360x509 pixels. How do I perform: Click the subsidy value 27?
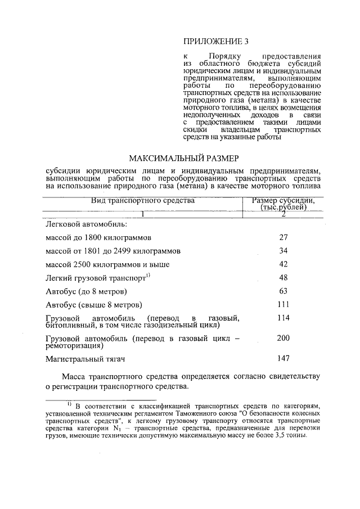tap(283, 237)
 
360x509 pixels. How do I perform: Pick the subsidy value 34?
tap(283, 250)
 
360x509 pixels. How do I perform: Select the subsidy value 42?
tap(283, 264)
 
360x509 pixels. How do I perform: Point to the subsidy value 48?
tap(283, 277)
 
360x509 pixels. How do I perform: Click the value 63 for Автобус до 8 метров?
tap(283, 291)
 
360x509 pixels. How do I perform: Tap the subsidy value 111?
tap(283, 304)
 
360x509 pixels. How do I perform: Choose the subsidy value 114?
tap(283, 318)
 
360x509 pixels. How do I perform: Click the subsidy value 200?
tap(283, 337)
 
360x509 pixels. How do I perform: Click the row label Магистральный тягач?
tap(84, 358)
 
